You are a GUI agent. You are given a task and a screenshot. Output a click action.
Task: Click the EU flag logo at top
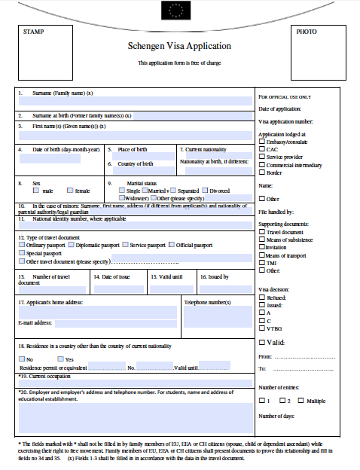[x=179, y=10]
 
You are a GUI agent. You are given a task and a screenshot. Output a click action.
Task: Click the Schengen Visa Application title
[x=179, y=46]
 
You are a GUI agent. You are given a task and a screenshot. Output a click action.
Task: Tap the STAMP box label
[x=34, y=32]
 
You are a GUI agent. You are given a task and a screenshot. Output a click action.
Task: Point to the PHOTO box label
[x=307, y=32]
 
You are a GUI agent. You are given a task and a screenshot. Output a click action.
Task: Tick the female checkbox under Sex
[x=70, y=191]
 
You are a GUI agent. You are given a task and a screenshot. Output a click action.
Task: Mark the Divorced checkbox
[x=204, y=191]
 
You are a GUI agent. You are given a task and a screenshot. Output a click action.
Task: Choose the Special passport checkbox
[x=22, y=254]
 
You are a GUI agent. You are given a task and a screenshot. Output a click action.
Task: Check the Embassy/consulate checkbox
[x=261, y=142]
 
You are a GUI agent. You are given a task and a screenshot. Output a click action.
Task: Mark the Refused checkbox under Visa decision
[x=261, y=298]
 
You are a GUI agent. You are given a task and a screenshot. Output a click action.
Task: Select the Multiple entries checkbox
[x=302, y=401]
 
